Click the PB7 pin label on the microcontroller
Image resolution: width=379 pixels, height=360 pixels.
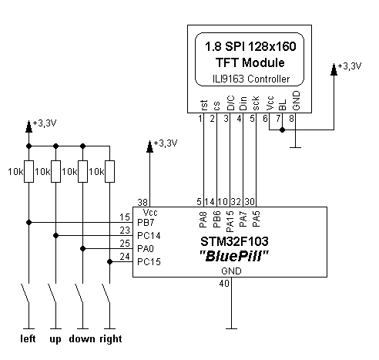(146, 223)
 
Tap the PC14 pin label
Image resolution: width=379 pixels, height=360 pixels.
(149, 236)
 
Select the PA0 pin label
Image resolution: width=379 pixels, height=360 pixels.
(146, 249)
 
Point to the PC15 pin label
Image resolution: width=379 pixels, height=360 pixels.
(149, 262)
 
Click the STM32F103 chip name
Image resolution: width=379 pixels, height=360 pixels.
(234, 241)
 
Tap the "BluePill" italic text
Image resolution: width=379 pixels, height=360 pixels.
(233, 256)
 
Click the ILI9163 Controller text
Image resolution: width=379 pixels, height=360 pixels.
(251, 79)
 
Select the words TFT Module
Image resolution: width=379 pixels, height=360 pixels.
(250, 62)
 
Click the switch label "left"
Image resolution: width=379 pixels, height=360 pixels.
(28, 338)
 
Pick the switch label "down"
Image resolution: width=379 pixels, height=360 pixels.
(82, 338)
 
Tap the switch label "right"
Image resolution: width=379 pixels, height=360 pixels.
(111, 339)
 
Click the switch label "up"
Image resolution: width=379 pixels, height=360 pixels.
(55, 340)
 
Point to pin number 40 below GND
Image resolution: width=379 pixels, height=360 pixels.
(224, 284)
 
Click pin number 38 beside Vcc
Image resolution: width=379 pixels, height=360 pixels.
(143, 203)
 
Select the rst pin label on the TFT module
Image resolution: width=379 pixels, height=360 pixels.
(203, 106)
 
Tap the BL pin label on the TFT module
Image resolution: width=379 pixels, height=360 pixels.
(283, 105)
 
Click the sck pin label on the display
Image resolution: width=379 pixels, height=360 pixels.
(256, 103)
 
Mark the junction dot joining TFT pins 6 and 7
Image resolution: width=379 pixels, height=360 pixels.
(282, 130)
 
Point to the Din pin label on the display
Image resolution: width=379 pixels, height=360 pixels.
(243, 103)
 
